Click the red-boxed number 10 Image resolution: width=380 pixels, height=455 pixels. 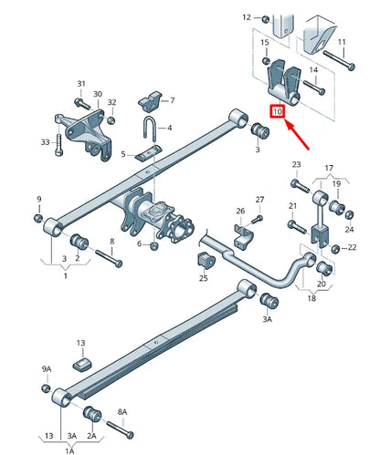pos(278,111)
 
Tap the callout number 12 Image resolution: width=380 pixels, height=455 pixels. pos(246,16)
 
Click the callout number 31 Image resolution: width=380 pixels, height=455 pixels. pos(80,84)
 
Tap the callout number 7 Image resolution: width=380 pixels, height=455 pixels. pos(173,99)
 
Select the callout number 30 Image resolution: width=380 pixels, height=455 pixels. pos(96,94)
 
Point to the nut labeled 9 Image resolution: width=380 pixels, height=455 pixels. pos(38,218)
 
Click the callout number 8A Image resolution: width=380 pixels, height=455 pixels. pos(122,411)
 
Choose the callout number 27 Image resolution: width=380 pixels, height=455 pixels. pos(259,200)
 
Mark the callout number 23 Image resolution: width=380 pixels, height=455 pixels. pos(296,164)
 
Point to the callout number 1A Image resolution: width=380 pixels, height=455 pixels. pos(70,450)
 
